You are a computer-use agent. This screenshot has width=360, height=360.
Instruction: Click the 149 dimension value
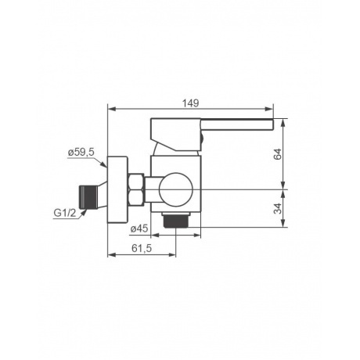click(190, 103)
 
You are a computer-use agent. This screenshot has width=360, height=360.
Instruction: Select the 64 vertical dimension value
click(278, 154)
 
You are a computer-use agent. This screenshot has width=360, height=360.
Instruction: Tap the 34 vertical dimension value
click(278, 208)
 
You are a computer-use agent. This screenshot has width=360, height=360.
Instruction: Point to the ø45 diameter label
click(139, 229)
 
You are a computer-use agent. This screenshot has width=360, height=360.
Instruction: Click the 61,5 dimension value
click(142, 248)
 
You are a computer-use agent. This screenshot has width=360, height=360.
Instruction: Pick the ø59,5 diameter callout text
click(81, 152)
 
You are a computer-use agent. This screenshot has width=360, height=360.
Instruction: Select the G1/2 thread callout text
click(64, 213)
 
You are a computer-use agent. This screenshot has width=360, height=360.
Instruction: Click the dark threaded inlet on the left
click(88, 197)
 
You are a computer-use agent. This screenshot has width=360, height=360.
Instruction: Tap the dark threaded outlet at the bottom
click(176, 220)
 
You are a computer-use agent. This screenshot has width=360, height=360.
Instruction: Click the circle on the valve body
click(176, 189)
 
